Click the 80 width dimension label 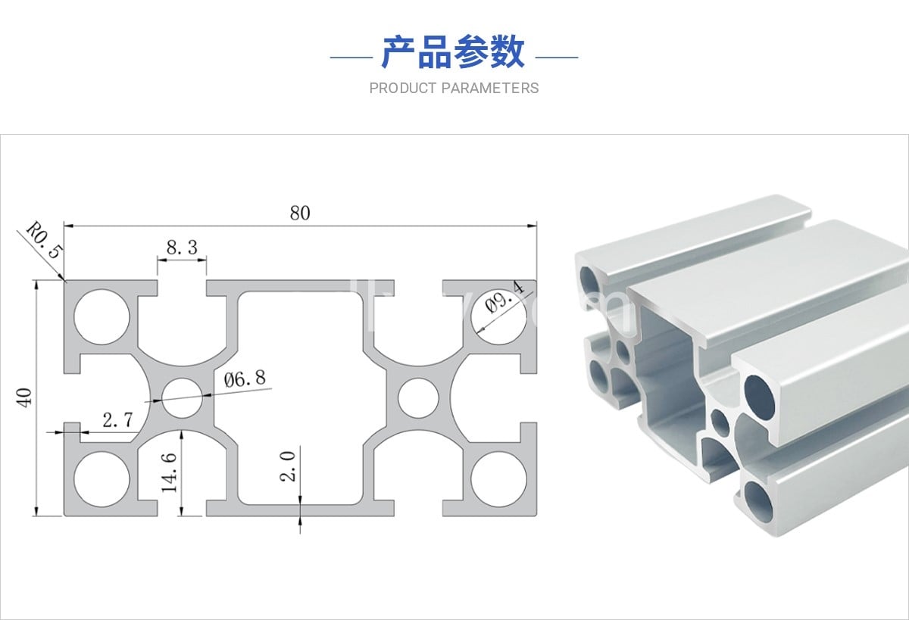coord(300,213)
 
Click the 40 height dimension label coord(25,397)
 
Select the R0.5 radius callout coord(42,241)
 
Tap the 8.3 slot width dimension coord(181,247)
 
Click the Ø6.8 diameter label coord(245,378)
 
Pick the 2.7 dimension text coord(117,421)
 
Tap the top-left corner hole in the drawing coord(103,317)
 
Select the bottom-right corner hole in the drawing coord(498,479)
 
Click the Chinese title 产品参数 coord(453,52)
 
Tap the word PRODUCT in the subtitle coord(403,89)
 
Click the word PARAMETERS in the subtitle coord(490,89)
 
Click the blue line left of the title coord(351,57)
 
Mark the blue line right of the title coord(557,57)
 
